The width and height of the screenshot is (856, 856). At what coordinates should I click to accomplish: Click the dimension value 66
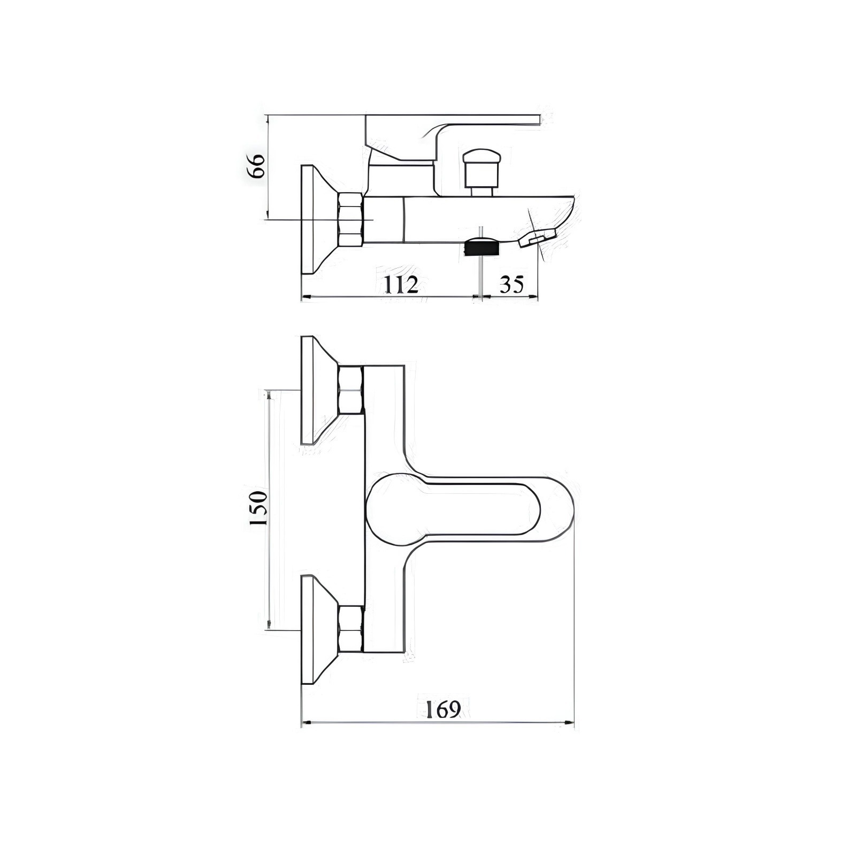tap(256, 165)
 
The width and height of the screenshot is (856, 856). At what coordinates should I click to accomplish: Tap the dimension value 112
tap(401, 285)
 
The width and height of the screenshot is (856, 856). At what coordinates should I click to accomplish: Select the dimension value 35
tap(511, 285)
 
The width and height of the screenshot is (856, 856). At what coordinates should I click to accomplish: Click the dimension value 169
tap(443, 709)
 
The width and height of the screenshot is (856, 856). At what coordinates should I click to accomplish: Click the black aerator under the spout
tap(483, 248)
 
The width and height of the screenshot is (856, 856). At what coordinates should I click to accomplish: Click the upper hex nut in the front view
tap(350, 391)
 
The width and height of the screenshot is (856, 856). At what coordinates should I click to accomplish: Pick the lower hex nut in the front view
tap(350, 629)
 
